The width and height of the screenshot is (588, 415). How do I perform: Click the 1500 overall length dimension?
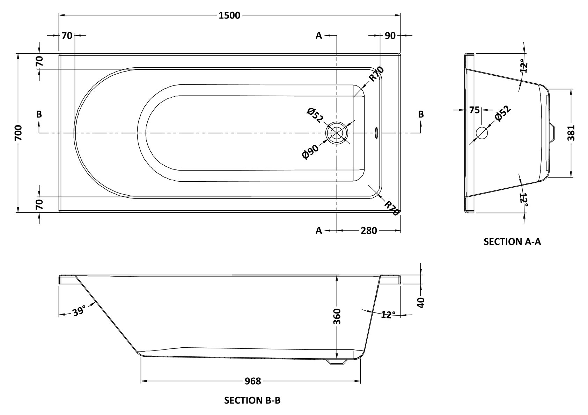point(230,15)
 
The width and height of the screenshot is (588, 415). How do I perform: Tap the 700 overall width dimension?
point(19,133)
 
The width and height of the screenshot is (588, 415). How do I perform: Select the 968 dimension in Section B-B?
point(253,381)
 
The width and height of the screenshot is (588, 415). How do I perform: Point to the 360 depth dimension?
point(337,316)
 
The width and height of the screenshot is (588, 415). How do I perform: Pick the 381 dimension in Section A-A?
point(571,133)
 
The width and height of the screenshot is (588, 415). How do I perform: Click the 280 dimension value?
point(369,231)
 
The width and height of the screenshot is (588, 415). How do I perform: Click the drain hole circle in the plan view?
point(337,133)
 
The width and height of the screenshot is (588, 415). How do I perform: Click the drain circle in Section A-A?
point(482,133)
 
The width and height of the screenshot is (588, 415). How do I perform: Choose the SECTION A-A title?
point(512,242)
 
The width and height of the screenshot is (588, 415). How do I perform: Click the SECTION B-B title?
point(252,400)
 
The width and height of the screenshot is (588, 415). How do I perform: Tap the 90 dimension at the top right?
point(390,35)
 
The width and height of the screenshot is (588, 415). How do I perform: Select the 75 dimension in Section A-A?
point(474,110)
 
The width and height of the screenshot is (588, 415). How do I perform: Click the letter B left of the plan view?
point(39,114)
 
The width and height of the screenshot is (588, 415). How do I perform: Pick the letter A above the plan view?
point(318,35)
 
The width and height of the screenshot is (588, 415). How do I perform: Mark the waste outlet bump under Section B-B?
point(337,362)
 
